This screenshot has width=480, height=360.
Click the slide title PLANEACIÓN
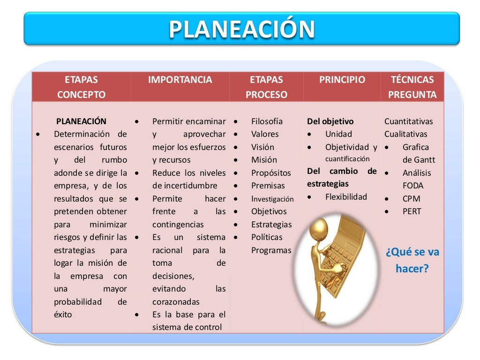coord(241,29)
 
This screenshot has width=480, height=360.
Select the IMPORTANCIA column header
coord(180,80)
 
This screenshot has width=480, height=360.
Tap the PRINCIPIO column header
coord(342,80)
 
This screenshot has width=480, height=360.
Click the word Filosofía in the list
coord(267,121)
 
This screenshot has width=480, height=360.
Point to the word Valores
coord(265,134)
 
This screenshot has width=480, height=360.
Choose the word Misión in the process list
coord(264,160)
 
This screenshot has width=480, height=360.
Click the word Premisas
coord(268,186)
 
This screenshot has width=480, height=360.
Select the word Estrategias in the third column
coord(271,225)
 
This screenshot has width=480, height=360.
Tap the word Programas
coord(271,250)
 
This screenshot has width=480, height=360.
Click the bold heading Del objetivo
coord(330,121)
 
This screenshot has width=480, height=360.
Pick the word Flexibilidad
coord(346,197)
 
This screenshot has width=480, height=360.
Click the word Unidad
coord(338,134)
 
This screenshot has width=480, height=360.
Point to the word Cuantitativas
coord(409,121)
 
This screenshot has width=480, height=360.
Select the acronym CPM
coord(411,198)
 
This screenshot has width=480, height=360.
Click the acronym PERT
coord(412,211)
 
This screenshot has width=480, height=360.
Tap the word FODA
coord(412,186)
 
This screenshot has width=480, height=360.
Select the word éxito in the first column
coord(63,315)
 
